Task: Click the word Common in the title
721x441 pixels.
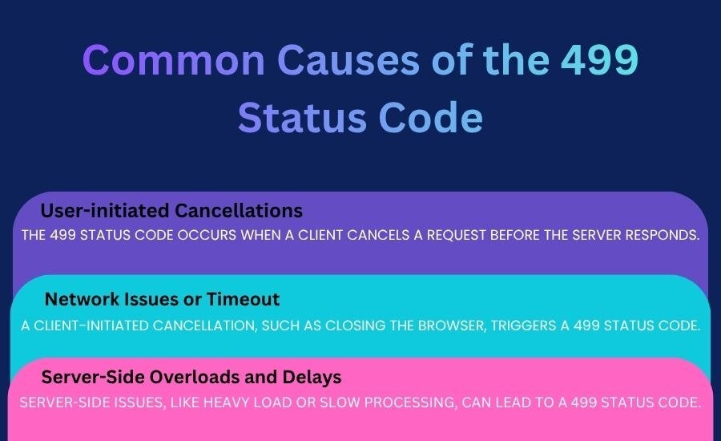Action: click(174, 60)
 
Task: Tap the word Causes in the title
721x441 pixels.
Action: click(348, 60)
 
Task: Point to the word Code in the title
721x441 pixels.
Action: click(431, 117)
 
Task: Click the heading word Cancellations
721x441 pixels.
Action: click(239, 210)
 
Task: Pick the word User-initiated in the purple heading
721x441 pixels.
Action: click(105, 210)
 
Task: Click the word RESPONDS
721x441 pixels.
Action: click(663, 235)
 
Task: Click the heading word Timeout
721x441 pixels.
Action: click(243, 299)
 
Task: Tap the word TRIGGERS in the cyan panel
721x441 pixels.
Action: click(523, 326)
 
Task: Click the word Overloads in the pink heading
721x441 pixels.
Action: click(195, 377)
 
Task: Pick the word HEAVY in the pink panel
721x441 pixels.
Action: click(226, 403)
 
